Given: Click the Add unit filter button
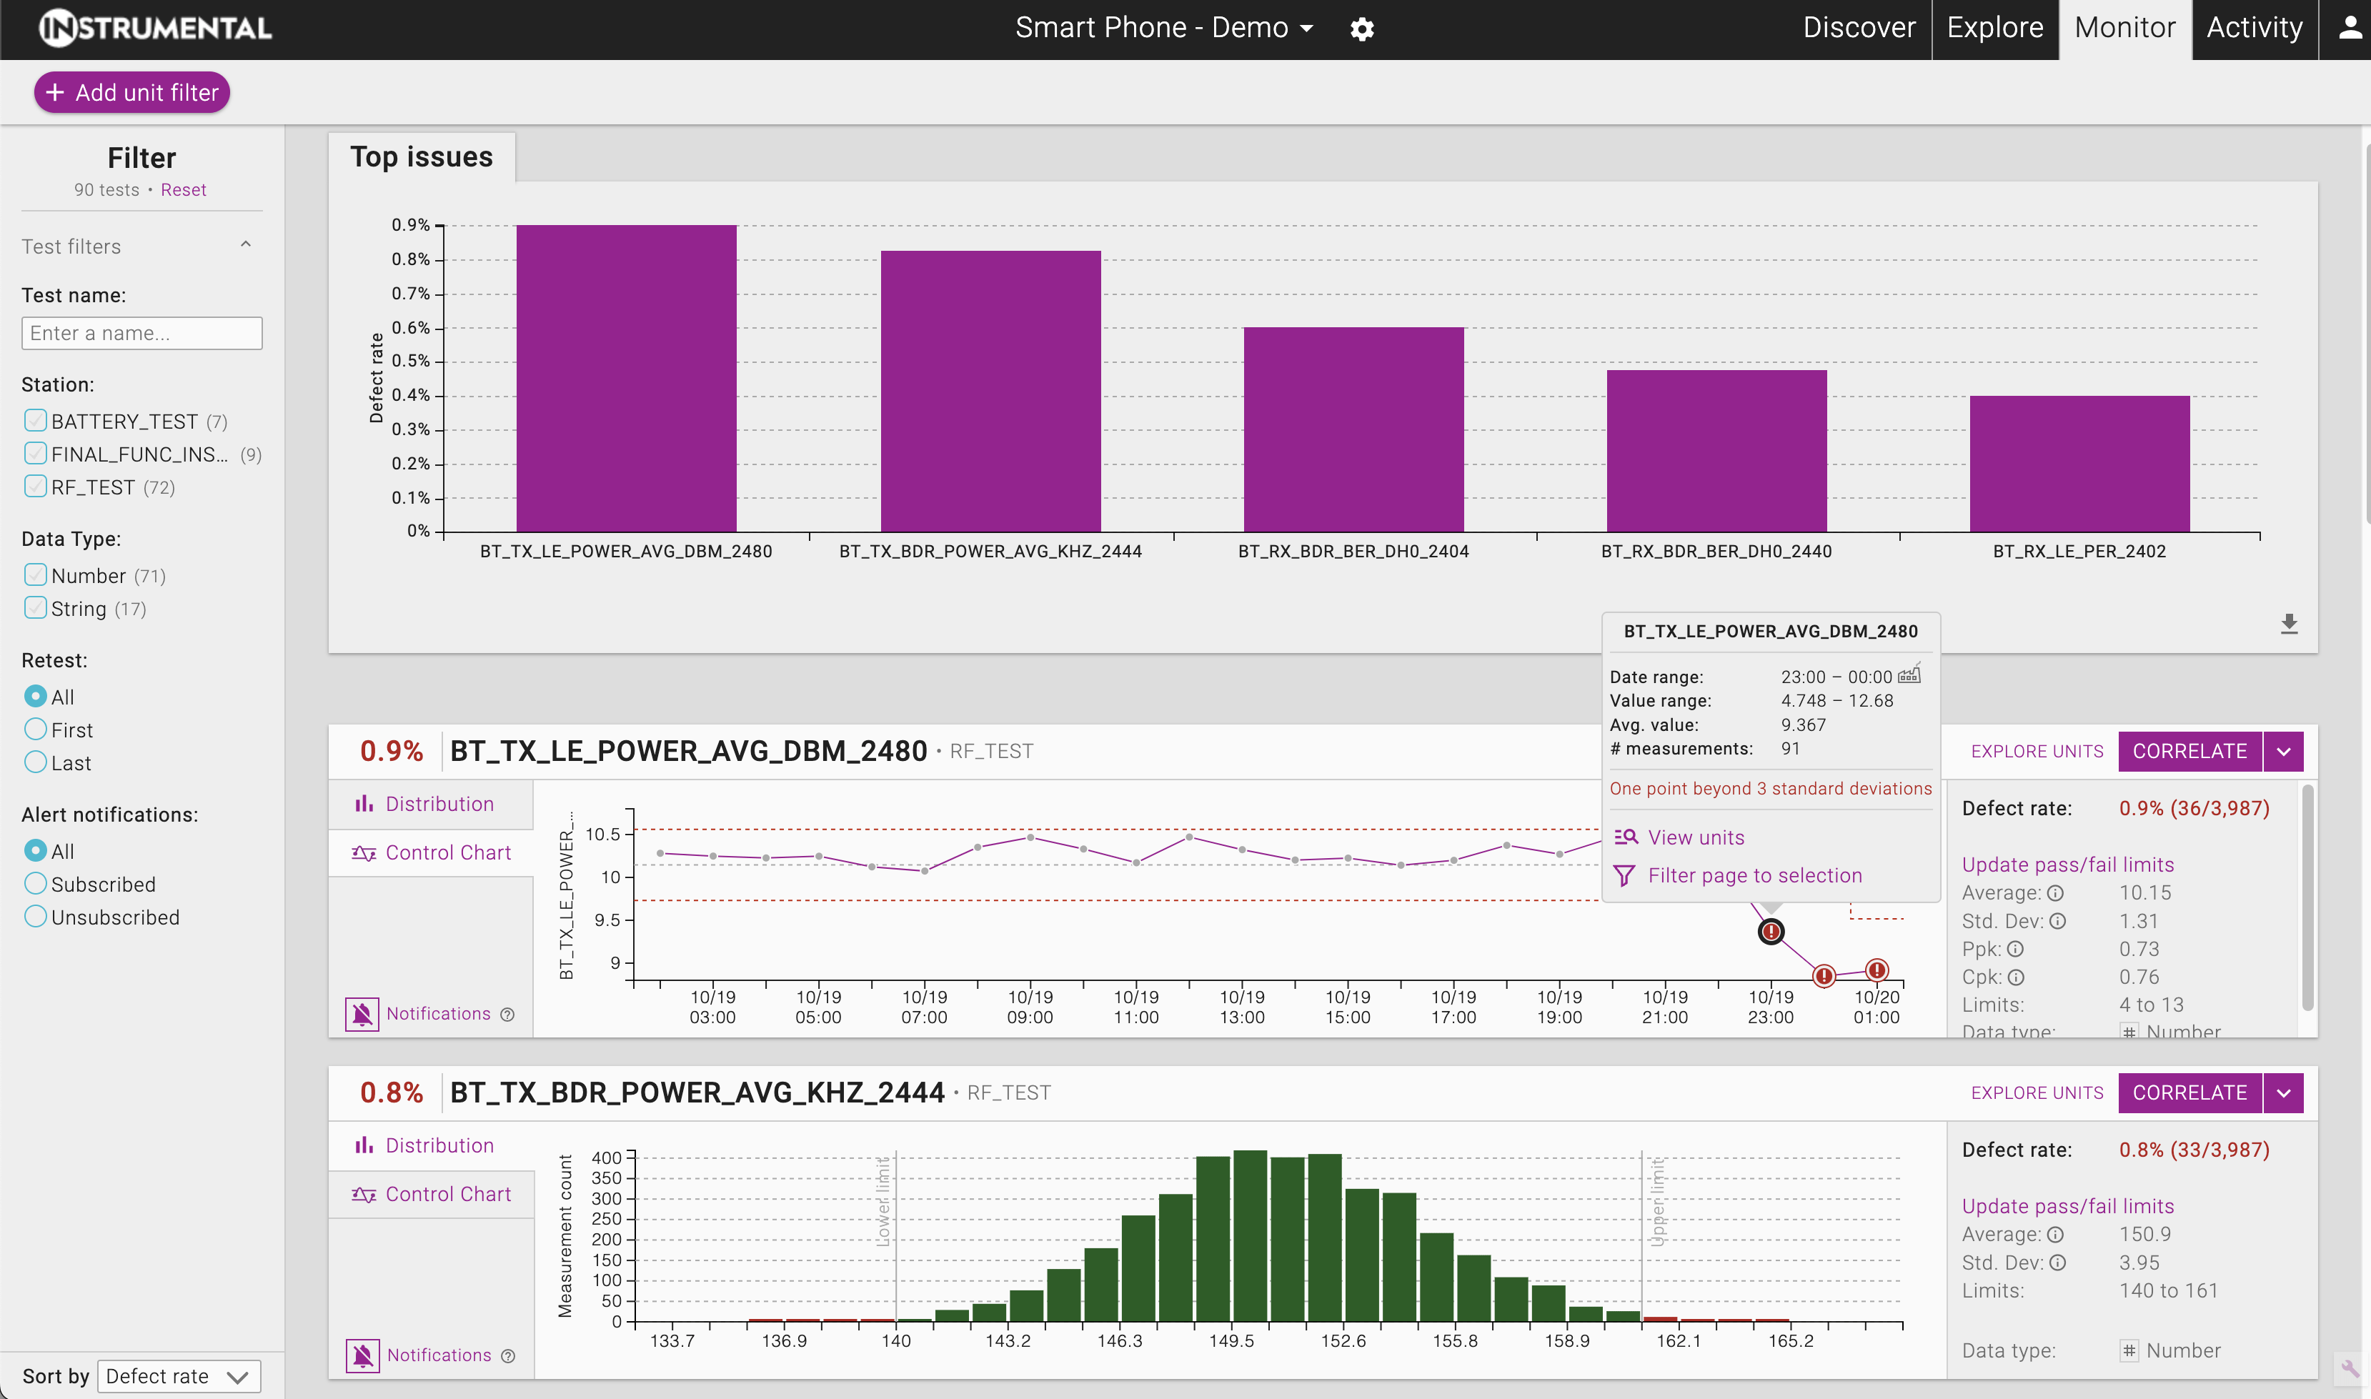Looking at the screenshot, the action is [132, 92].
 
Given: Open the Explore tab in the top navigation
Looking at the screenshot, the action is [1995, 29].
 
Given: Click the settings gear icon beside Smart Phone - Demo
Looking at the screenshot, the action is [1361, 29].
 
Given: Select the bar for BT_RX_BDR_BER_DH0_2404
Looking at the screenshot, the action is [1353, 429].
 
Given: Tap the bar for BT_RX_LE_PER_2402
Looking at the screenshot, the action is [2079, 464].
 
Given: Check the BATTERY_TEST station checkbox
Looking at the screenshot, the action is [36, 420].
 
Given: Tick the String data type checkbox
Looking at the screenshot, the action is [36, 608].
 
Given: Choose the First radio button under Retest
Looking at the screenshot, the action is [36, 730].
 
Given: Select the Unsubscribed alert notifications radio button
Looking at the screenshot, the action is [36, 916].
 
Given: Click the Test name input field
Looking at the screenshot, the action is [141, 333].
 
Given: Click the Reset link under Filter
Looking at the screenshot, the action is [183, 189].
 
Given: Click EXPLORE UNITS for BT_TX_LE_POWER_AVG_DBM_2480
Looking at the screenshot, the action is [2037, 752].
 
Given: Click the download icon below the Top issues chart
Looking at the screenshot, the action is [2289, 623].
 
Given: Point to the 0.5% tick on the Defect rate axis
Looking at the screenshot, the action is [411, 361].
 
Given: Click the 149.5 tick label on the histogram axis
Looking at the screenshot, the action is [1231, 1340].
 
